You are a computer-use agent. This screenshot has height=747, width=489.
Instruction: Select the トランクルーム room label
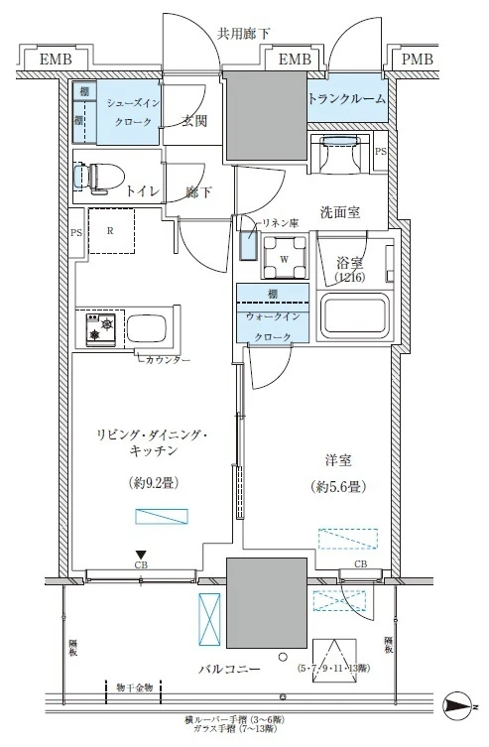[346, 99]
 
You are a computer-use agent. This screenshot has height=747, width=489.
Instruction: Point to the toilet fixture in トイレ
[99, 178]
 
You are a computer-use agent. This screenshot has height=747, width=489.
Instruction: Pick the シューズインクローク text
[129, 111]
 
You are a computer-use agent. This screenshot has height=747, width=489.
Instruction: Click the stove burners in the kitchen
[101, 329]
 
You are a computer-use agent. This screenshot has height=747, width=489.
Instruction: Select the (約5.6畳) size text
[337, 487]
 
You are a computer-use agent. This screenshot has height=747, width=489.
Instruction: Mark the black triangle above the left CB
[142, 555]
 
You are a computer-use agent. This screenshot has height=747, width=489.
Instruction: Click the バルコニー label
[228, 670]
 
